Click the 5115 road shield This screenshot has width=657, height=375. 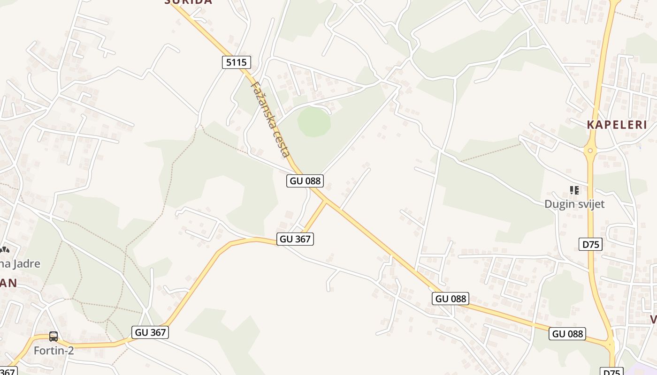coord(237,62)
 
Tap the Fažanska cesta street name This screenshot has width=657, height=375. coord(271,120)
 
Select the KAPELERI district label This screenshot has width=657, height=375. coord(617,125)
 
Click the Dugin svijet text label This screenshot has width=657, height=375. coord(574,204)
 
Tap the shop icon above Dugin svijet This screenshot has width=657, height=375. coord(574,190)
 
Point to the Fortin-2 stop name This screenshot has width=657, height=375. coord(53,350)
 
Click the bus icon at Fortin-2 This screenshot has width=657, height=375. coord(53,336)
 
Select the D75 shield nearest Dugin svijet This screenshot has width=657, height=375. coord(590,244)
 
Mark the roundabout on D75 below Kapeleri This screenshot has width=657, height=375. coord(590,150)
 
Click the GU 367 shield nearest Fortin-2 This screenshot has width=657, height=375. coord(150,332)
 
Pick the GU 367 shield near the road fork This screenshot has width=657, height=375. coord(295,239)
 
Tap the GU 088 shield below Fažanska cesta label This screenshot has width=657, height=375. coord(306,180)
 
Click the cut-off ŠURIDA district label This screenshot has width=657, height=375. coord(188,2)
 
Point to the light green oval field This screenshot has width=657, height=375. coord(314,122)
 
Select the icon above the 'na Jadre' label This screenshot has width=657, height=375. coord(4,250)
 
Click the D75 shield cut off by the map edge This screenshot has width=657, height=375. coord(611,372)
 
